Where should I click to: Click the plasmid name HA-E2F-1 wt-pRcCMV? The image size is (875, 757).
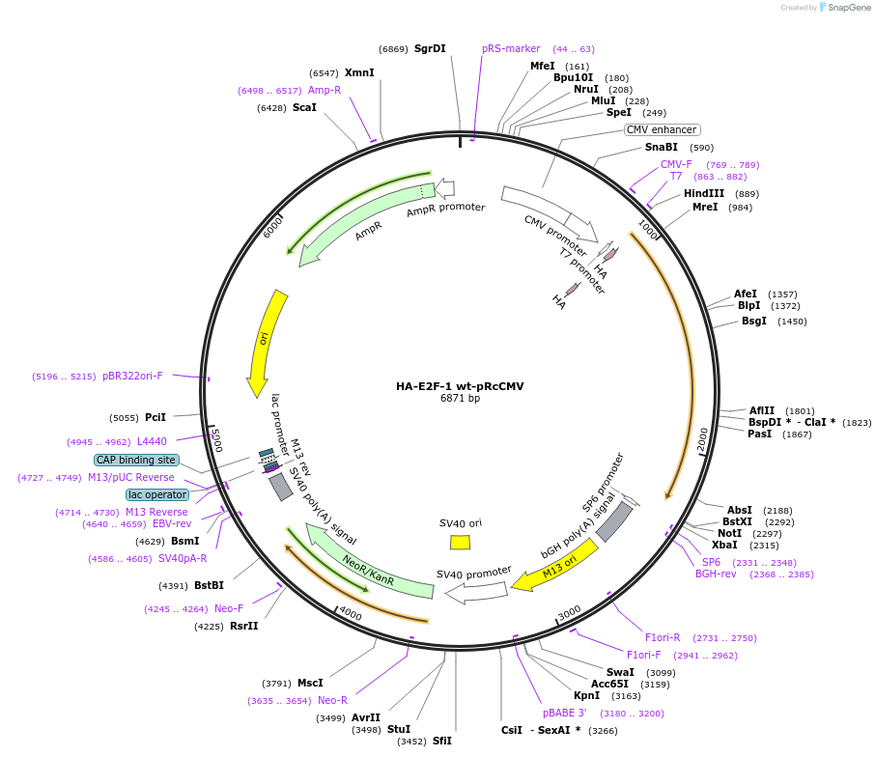click(x=460, y=386)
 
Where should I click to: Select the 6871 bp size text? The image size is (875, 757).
click(x=460, y=398)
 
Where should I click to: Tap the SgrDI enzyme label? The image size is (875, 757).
click(x=430, y=48)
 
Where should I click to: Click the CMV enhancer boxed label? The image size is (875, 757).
click(x=662, y=129)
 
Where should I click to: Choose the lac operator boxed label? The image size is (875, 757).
click(x=157, y=494)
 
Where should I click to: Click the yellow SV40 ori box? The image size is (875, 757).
click(x=460, y=543)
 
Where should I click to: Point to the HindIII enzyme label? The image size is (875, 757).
click(x=704, y=193)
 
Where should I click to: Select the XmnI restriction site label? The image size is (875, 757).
click(x=359, y=72)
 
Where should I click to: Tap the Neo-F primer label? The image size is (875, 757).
click(x=229, y=608)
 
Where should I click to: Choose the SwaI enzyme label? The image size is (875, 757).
click(x=620, y=672)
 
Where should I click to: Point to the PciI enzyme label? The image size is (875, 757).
click(x=155, y=417)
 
